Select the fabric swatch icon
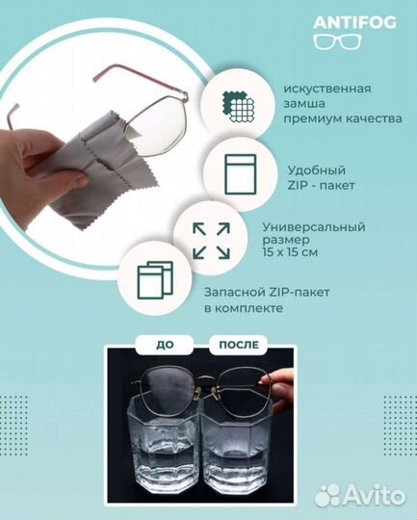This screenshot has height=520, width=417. pos(238,102)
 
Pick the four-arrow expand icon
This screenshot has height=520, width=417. pos(210,241)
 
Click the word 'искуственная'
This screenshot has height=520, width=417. pos(314,89)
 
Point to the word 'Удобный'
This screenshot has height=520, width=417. pos(288,164)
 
